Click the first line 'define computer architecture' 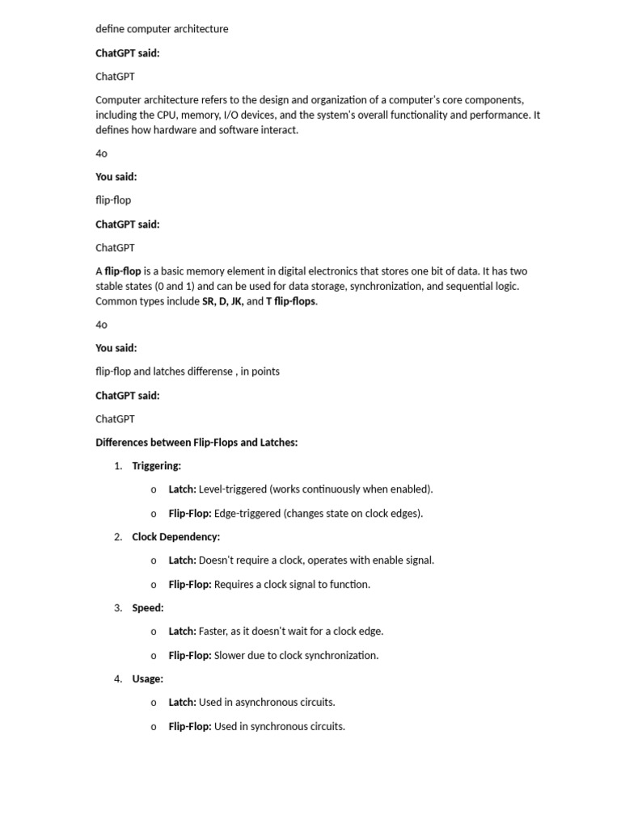[x=162, y=29]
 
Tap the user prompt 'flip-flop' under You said [x=113, y=199]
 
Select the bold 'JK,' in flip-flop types [x=237, y=301]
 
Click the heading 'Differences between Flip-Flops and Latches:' [x=196, y=443]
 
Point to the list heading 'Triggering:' [x=156, y=466]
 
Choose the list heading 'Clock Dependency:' [x=175, y=537]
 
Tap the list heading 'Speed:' [x=147, y=608]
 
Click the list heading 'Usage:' [x=147, y=679]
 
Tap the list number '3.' [x=118, y=608]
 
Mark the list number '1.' [x=118, y=466]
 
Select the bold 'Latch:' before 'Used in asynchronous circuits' [x=182, y=703]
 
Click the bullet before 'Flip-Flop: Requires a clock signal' [x=154, y=585]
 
